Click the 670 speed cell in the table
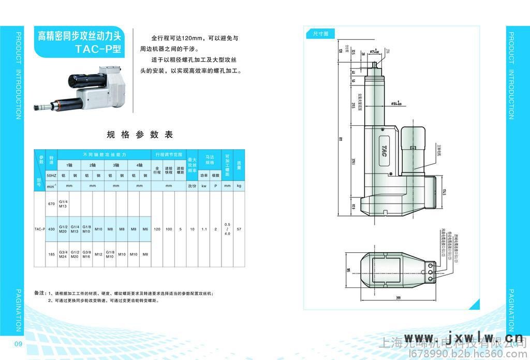point(51,204)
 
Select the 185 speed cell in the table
point(51,254)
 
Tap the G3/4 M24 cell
point(64,254)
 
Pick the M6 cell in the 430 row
point(145,229)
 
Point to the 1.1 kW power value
point(204,229)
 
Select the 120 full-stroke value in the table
point(157,229)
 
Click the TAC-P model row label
point(40,229)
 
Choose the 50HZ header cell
point(51,176)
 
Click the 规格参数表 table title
point(140,135)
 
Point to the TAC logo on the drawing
point(384,150)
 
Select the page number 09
point(18,345)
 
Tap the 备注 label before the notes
point(40,293)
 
